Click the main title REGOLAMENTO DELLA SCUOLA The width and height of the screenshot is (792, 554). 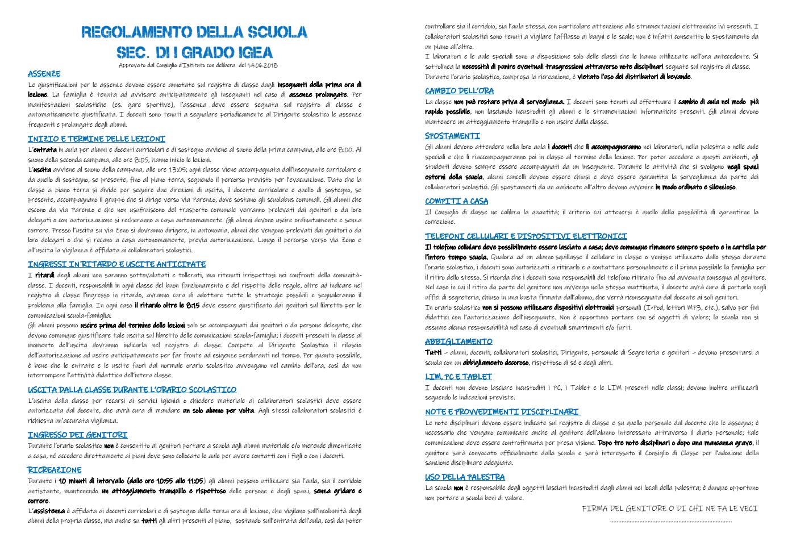coord(194,32)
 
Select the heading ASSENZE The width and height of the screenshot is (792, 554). coord(44,74)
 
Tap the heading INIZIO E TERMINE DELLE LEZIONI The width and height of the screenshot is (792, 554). coord(97,139)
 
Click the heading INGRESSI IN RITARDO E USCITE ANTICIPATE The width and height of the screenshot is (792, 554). coord(116,264)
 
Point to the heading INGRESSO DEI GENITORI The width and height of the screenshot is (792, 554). coord(78,435)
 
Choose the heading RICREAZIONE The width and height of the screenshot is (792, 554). coord(55,470)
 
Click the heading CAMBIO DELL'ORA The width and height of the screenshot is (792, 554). coord(459,91)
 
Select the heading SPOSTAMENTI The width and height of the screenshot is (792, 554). coord(452,136)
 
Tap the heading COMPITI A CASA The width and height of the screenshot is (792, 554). coord(456,201)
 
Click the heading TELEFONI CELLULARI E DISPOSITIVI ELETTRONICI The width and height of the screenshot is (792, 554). coord(526,236)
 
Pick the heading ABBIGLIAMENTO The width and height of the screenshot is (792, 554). coord(458,341)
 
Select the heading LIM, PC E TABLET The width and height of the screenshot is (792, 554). coord(458,377)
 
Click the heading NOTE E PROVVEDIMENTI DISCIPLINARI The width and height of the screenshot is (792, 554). coord(502,412)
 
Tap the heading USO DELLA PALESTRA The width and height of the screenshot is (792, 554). coord(465,477)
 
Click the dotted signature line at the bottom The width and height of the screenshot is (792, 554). coord(670,521)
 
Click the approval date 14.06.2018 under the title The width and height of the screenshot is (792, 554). coord(262,65)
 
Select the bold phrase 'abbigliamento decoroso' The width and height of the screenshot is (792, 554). coord(495,363)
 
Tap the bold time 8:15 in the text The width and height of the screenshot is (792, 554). coord(193,305)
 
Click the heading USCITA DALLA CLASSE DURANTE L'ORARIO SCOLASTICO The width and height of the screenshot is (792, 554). coord(132,390)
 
